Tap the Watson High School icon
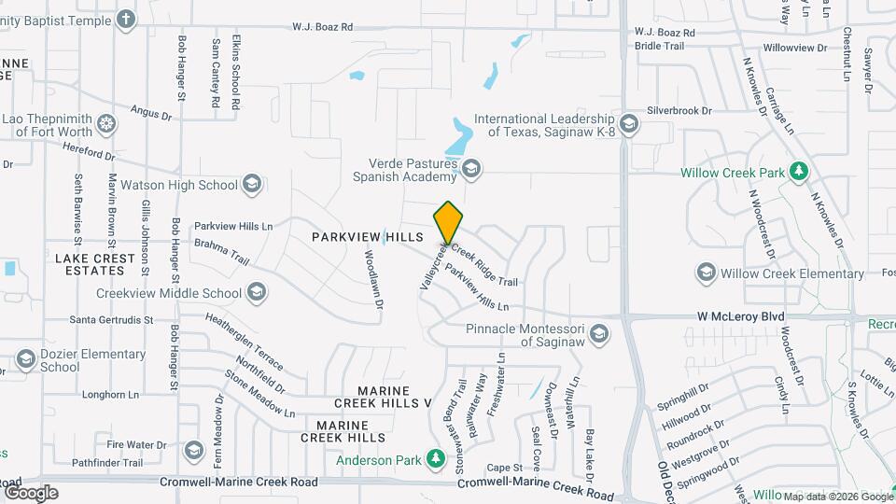[x=251, y=184]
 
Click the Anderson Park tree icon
[x=434, y=457]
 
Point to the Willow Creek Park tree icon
[x=798, y=171]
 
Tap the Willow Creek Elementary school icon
[x=706, y=273]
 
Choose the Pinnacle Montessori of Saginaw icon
[x=598, y=334]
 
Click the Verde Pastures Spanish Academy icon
[x=471, y=169]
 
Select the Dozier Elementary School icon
[x=25, y=359]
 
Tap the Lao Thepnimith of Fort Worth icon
[x=107, y=123]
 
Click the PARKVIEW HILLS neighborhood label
[x=368, y=238]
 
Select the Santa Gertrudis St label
[x=111, y=319]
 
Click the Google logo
[x=32, y=492]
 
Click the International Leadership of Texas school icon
[x=629, y=124]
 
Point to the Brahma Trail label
[x=222, y=251]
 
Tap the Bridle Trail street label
[x=659, y=45]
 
